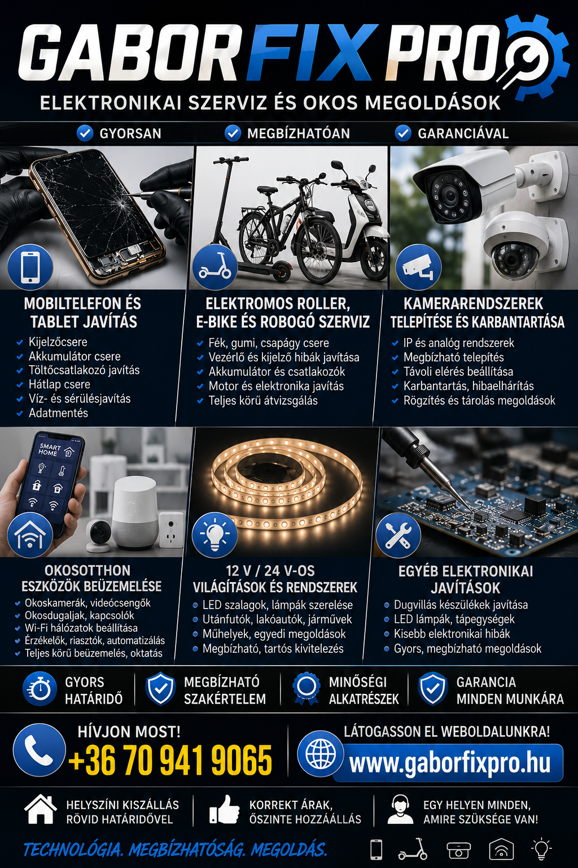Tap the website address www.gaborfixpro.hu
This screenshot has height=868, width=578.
(449, 762)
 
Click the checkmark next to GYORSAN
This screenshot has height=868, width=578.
(85, 133)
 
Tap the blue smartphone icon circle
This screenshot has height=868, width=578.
(30, 267)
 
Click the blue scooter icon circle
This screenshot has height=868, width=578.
(214, 267)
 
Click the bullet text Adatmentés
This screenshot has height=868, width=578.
(58, 413)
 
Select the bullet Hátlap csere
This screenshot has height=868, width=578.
(59, 384)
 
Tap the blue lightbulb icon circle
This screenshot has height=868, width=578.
(214, 533)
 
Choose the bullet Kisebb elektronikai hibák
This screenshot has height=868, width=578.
(452, 633)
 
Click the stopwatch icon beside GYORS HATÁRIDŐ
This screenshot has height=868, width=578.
(39, 689)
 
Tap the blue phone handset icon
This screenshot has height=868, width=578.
(39, 750)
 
